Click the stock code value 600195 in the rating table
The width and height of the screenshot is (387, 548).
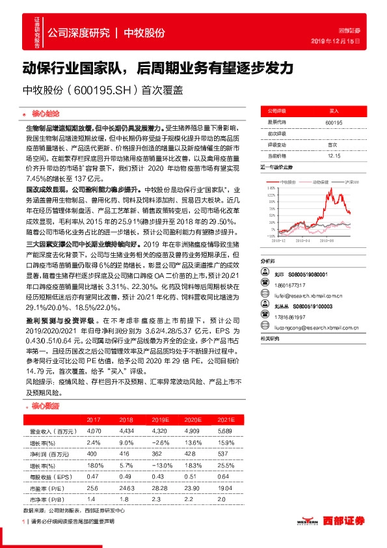[334, 122]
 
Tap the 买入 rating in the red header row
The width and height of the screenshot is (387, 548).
[334, 111]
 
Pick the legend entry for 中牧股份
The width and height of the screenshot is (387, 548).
[286, 182]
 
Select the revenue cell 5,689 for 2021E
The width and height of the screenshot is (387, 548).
[224, 432]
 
